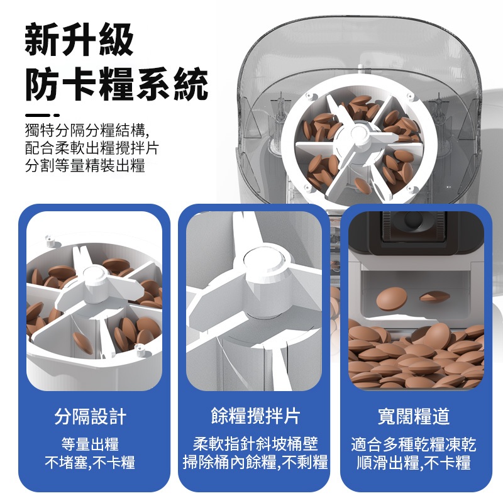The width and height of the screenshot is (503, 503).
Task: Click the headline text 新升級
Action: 79,40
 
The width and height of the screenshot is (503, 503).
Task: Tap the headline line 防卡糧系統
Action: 117,84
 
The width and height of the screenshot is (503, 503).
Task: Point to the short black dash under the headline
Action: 42,115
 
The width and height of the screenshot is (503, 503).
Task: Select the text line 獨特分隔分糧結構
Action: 86,130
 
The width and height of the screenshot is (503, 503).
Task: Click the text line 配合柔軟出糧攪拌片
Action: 92,148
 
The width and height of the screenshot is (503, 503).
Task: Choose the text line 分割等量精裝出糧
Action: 85,165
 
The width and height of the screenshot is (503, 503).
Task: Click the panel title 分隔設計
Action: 91,417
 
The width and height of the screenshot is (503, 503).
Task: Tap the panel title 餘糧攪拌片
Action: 255,416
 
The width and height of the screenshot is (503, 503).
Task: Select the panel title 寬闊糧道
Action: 414,417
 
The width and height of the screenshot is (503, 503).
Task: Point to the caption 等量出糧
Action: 90,445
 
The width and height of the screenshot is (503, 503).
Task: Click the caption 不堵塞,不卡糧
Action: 90,462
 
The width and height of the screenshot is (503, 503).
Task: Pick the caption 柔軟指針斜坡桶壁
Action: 255,444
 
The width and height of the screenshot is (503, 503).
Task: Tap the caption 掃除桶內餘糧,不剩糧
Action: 255,462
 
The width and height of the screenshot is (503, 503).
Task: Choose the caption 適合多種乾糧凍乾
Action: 414,445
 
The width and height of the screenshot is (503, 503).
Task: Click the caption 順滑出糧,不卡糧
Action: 414,462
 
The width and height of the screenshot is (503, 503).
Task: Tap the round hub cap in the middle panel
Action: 264,262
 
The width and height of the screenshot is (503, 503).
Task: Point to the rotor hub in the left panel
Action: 94,277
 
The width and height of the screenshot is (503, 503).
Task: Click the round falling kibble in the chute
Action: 392,298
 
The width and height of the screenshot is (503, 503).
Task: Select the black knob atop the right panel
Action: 414,220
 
